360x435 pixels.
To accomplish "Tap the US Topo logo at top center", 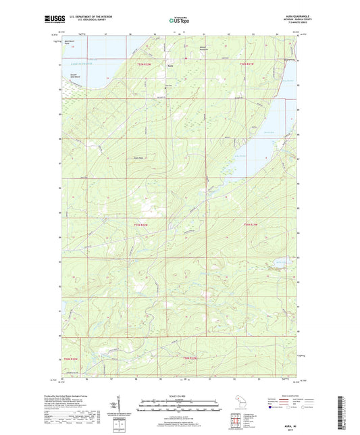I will [x=178, y=20].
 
